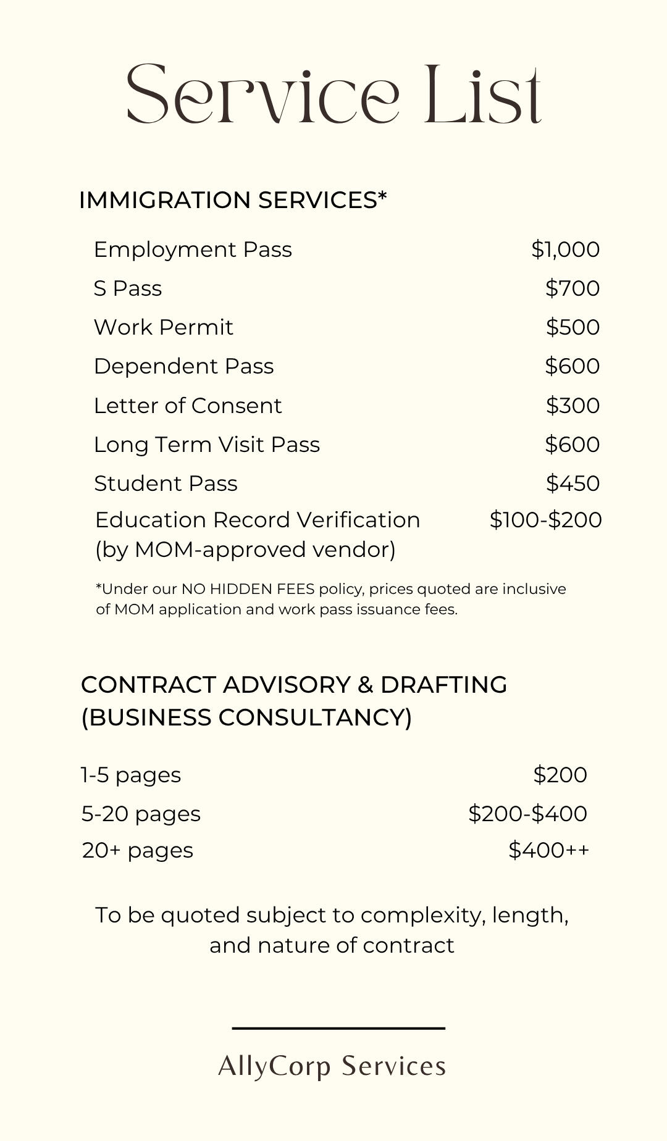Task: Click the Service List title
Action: coord(333,94)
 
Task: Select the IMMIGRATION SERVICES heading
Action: coord(233,200)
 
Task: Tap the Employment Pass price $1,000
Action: coord(565,249)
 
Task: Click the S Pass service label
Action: coord(128,288)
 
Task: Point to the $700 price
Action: coord(573,288)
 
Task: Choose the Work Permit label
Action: coord(164,327)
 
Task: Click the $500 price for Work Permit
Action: coord(573,327)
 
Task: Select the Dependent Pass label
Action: coord(183,366)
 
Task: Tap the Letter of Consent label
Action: coord(188,406)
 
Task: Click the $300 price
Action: coord(573,406)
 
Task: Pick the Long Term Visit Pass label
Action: coord(207,445)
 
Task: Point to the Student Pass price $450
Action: coord(573,483)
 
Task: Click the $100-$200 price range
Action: coord(545,520)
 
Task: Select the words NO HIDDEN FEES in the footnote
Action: coord(248,589)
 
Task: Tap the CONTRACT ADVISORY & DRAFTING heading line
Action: coord(294,685)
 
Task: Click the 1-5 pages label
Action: coord(131,775)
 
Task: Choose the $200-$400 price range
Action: coord(527,814)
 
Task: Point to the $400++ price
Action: coord(548,850)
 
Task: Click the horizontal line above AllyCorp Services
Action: coord(338,1028)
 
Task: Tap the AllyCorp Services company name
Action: coord(332,1066)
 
